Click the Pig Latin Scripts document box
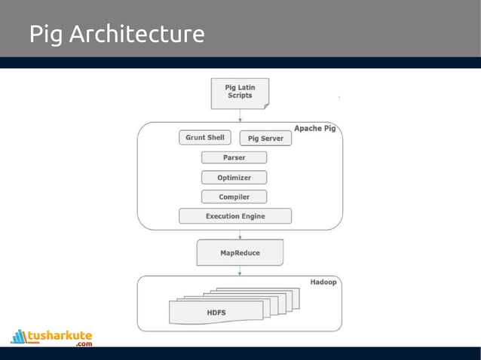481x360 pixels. pos(240,93)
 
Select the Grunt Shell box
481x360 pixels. pos(205,138)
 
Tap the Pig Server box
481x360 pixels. pos(265,139)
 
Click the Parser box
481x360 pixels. pos(234,157)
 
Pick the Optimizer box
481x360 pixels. pos(234,178)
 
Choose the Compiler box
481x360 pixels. pos(234,197)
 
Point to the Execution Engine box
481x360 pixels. pos(235,216)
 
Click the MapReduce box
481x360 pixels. pos(240,253)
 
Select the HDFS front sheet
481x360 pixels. pos(216,312)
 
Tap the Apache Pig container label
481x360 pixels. pos(314,128)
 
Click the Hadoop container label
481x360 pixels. pos(323,282)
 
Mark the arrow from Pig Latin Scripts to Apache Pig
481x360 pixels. pos(240,115)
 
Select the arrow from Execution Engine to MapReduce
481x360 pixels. pos(240,233)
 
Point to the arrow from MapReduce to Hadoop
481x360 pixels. pos(240,270)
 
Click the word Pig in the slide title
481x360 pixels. pos(46,35)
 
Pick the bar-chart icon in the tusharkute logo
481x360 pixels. pos(18,336)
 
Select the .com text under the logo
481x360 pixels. pos(83,344)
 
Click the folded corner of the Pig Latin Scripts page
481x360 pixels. pos(265,106)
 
